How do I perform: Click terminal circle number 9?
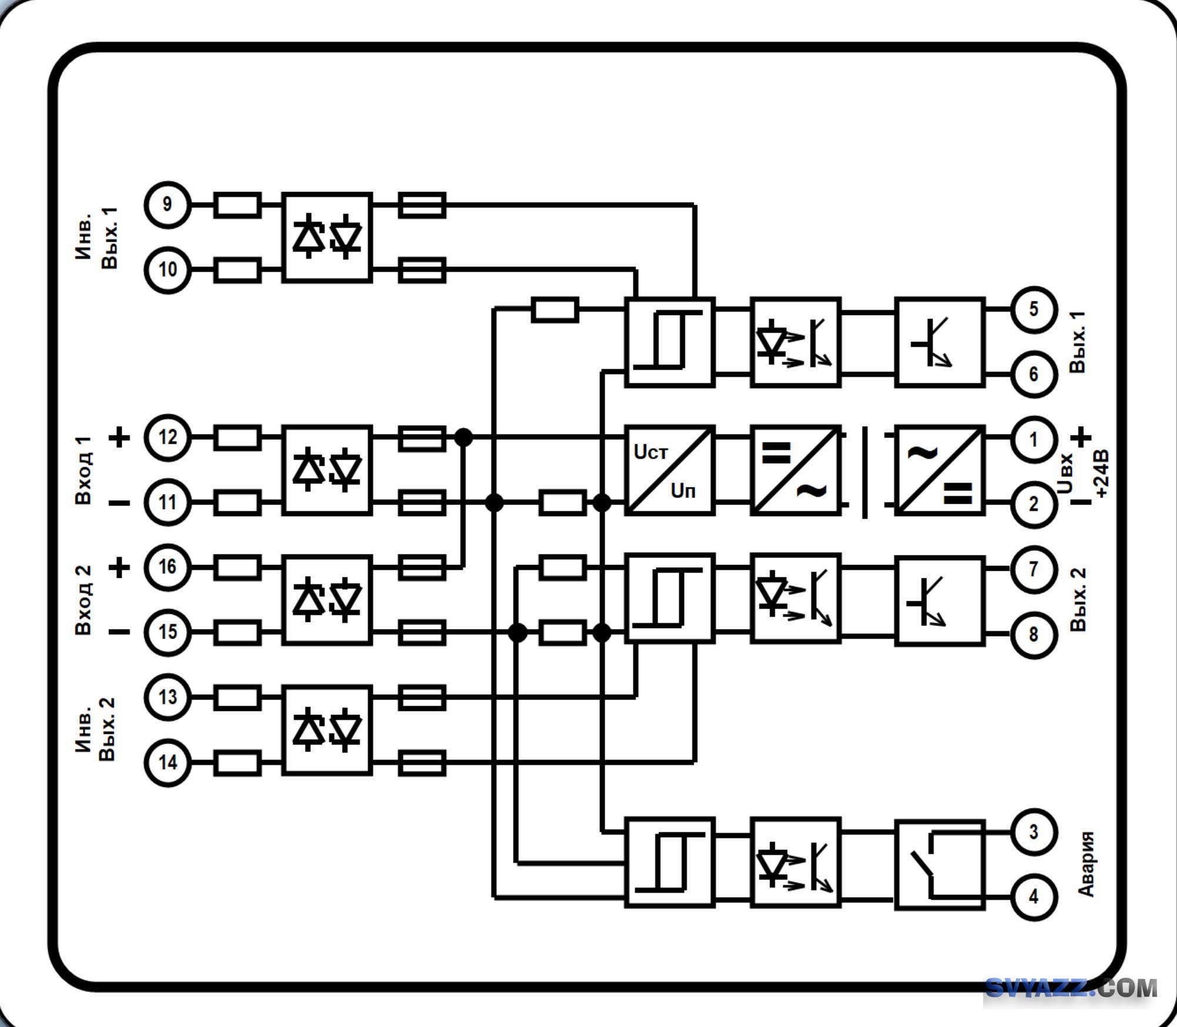pyautogui.click(x=167, y=205)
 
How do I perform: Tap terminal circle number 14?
pyautogui.click(x=167, y=762)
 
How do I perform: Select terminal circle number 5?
pyautogui.click(x=1034, y=309)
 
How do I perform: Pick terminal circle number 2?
pyautogui.click(x=1034, y=504)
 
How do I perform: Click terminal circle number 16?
pyautogui.click(x=167, y=567)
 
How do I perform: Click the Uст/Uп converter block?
pyautogui.click(x=669, y=470)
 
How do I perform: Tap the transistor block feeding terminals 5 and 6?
pyautogui.click(x=939, y=342)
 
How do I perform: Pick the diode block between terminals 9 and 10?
pyautogui.click(x=327, y=237)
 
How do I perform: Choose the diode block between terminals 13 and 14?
pyautogui.click(x=327, y=730)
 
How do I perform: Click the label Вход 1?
pyautogui.click(x=83, y=470)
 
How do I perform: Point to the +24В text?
pyautogui.click(x=1101, y=474)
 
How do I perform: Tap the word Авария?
pyautogui.click(x=1087, y=864)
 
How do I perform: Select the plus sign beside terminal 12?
pyautogui.click(x=120, y=437)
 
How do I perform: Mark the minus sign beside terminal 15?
pyautogui.click(x=120, y=632)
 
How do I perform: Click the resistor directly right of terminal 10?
pyautogui.click(x=237, y=270)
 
